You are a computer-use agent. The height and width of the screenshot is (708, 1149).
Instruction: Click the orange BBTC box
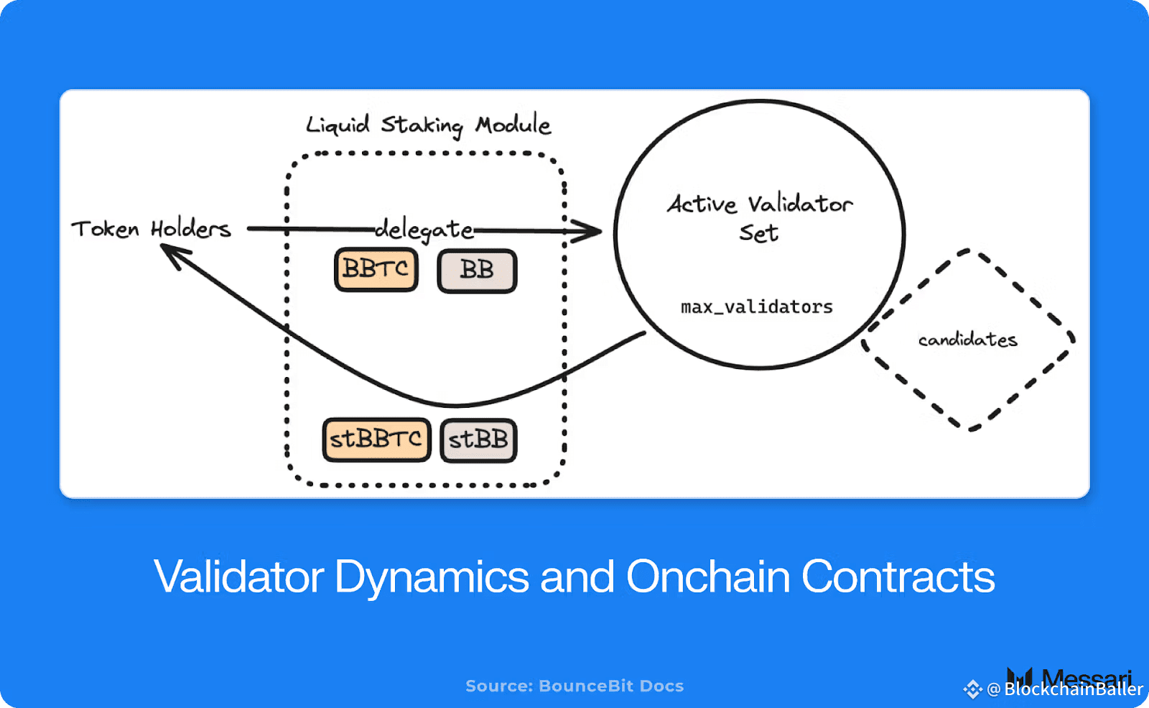376,270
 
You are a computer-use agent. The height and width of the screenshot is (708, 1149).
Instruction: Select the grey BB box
477,271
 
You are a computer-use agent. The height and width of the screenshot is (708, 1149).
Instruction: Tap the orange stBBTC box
376,439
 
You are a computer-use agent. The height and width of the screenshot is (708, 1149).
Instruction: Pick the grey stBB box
478,439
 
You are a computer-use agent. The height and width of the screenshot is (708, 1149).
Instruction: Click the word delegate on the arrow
424,230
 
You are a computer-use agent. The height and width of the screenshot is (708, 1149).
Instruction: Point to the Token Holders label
151,229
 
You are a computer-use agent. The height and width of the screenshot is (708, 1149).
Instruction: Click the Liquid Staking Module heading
428,126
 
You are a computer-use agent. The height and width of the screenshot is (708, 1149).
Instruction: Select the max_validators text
757,307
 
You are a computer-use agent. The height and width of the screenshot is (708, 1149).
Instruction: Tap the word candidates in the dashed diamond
967,340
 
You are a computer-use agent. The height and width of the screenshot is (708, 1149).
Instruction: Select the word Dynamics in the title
432,577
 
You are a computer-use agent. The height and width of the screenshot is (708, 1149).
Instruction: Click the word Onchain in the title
708,577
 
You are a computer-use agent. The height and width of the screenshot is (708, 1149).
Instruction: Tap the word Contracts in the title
898,577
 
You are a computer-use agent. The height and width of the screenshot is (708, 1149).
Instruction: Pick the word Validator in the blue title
239,577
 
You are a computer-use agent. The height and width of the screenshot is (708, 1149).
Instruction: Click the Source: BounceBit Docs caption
574,686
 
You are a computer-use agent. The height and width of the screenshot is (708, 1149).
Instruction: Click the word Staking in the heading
422,126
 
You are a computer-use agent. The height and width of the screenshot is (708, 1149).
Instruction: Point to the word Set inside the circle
759,233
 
